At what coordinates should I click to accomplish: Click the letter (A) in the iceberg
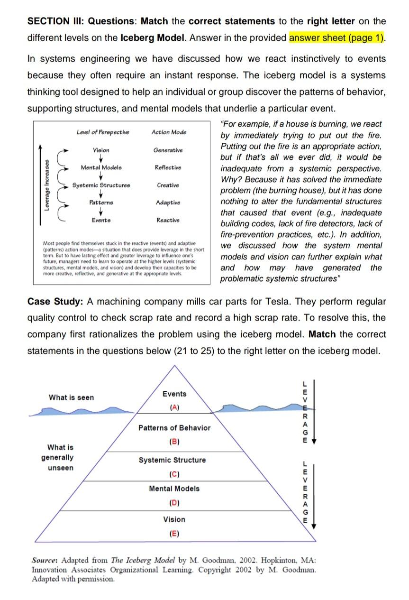pyautogui.click(x=174, y=407)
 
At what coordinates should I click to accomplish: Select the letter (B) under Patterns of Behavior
pyautogui.click(x=174, y=442)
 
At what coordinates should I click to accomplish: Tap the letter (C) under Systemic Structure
pyautogui.click(x=174, y=474)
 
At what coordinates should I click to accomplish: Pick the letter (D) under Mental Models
pyautogui.click(x=174, y=502)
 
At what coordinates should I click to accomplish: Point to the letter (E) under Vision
pyautogui.click(x=174, y=533)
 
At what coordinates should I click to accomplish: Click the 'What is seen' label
pyautogui.click(x=71, y=397)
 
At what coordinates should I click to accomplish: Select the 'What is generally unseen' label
pyautogui.click(x=60, y=458)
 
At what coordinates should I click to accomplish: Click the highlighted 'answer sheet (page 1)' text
pyautogui.click(x=336, y=37)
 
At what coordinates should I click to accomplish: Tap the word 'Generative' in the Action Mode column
pyautogui.click(x=168, y=150)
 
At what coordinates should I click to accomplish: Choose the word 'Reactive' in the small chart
pyautogui.click(x=168, y=220)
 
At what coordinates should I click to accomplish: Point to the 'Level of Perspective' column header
pyautogui.click(x=102, y=132)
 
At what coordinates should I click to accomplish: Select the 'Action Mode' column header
pyautogui.click(x=169, y=132)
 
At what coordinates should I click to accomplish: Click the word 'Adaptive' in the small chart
pyautogui.click(x=168, y=203)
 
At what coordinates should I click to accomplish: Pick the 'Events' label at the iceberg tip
pyautogui.click(x=174, y=394)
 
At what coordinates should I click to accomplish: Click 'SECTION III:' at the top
pyautogui.click(x=56, y=21)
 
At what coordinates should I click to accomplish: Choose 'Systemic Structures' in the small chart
pyautogui.click(x=101, y=185)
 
